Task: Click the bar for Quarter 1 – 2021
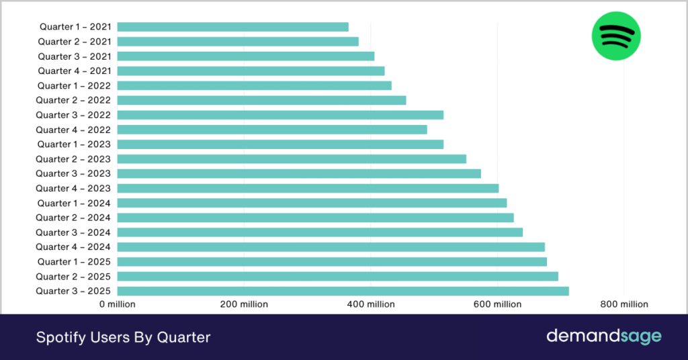232,27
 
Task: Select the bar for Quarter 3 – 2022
280,115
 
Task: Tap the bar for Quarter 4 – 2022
272,130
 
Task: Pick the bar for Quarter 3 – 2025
343,291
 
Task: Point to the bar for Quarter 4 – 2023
308,188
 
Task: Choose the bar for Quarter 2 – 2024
315,218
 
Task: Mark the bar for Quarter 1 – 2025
332,261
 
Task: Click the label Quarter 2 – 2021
74,42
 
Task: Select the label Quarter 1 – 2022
74,86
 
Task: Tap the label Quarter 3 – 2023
73,174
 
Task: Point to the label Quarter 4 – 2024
73,247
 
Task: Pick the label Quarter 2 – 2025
73,277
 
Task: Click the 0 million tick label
118,304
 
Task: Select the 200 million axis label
244,304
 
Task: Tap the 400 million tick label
371,304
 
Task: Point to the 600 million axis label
497,304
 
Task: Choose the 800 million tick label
624,304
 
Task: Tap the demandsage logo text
603,336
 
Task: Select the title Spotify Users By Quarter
123,337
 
